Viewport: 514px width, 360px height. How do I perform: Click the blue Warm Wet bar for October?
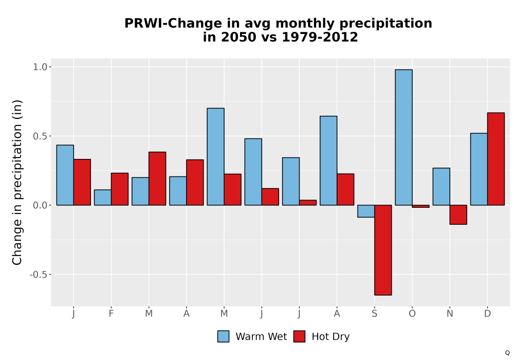click(x=403, y=137)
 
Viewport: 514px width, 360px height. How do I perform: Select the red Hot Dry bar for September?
click(x=383, y=250)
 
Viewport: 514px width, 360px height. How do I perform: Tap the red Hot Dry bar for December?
click(x=495, y=159)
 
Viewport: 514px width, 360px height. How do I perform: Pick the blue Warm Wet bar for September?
click(x=366, y=211)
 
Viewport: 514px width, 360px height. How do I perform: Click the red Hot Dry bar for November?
click(x=458, y=215)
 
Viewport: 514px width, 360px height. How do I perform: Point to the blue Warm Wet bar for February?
click(x=103, y=197)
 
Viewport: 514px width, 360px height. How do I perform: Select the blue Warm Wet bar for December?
click(x=479, y=169)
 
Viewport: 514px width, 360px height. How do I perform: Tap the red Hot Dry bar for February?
click(x=120, y=189)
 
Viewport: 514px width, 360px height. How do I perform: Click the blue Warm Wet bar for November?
click(x=441, y=187)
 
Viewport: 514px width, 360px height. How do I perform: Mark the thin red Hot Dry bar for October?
click(x=420, y=206)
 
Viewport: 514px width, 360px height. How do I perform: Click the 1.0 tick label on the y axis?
click(x=40, y=67)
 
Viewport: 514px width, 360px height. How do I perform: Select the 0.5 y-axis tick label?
click(x=40, y=136)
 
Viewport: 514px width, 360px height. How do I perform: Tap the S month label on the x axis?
click(x=374, y=314)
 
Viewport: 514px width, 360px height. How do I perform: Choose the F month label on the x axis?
click(x=111, y=314)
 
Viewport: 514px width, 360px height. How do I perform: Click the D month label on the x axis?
click(x=487, y=314)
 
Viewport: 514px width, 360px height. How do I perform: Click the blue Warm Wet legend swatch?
click(x=223, y=336)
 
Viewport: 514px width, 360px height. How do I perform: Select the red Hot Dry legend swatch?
click(x=299, y=336)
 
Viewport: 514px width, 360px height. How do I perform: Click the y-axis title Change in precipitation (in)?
click(x=17, y=182)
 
